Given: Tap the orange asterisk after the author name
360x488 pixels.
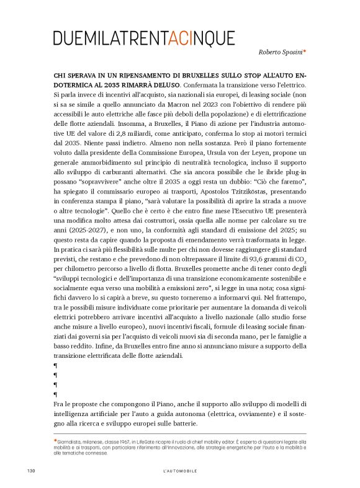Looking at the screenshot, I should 304,52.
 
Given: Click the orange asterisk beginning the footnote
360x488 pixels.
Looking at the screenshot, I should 55,440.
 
